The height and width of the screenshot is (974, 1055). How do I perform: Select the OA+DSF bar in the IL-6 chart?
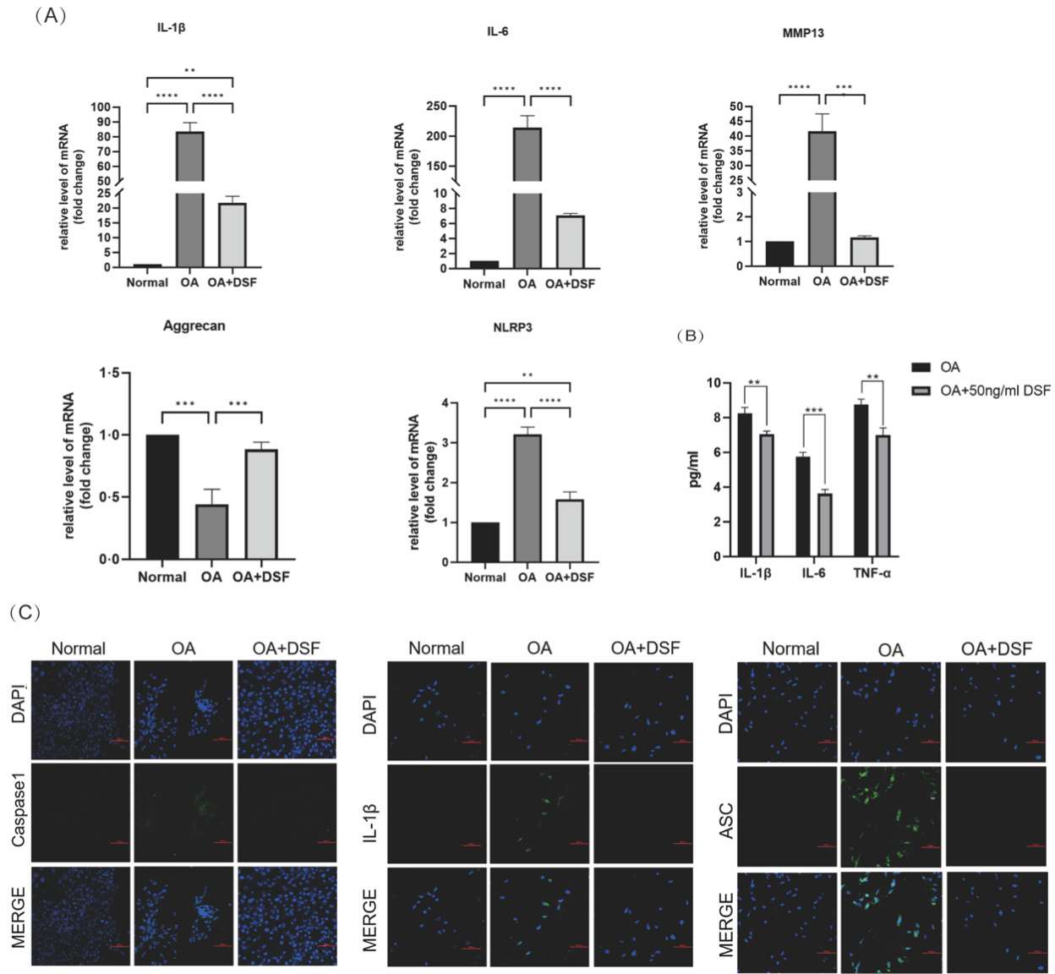point(570,242)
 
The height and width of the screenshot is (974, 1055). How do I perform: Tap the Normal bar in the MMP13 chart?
point(779,254)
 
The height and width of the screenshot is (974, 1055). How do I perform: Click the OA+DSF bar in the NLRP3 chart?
point(570,530)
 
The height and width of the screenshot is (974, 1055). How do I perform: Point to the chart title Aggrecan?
point(194,326)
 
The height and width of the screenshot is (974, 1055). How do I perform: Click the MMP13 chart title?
point(803,33)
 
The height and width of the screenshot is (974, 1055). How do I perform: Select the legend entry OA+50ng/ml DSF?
point(995,391)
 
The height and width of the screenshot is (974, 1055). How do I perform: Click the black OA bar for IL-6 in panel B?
point(802,506)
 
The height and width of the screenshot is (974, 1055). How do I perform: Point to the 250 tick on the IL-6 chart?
point(437,107)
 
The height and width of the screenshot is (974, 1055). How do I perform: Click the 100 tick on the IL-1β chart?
point(101,107)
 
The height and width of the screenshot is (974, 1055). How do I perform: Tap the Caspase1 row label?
point(19,813)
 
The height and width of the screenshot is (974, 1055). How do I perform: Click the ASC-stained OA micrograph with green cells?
point(890,816)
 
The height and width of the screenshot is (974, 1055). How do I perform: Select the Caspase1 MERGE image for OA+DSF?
point(287,916)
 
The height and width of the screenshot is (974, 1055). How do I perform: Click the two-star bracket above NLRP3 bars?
point(527,376)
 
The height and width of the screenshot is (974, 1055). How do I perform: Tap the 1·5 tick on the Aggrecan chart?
point(110,373)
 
